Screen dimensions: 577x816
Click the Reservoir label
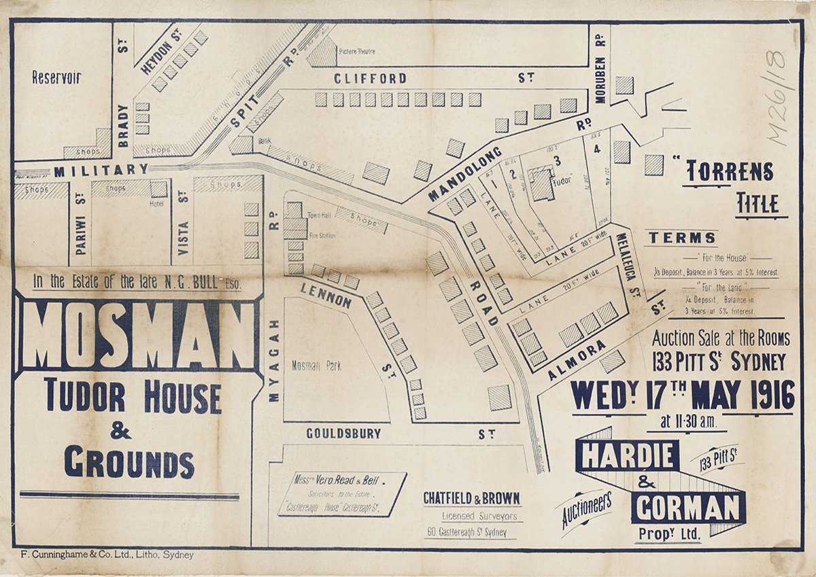[x=57, y=77]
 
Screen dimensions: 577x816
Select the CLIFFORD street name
[x=370, y=78]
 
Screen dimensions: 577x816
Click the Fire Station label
[x=322, y=235]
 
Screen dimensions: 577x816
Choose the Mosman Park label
[x=316, y=366]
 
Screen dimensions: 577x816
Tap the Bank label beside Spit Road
[x=265, y=142]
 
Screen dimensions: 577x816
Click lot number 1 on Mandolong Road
[x=494, y=182]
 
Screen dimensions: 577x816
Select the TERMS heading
[x=681, y=238]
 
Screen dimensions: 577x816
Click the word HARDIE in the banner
[x=626, y=455]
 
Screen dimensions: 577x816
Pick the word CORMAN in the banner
[x=687, y=507]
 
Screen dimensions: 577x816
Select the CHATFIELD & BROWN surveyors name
[x=471, y=498]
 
